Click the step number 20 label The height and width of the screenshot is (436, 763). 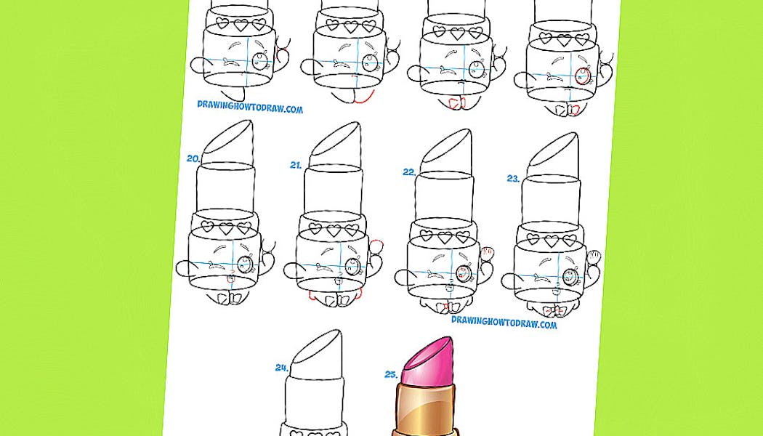(193, 158)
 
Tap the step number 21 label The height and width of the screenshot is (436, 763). (296, 166)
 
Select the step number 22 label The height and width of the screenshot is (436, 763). (409, 171)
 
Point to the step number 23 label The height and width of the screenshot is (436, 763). (513, 179)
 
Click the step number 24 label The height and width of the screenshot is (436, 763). (282, 368)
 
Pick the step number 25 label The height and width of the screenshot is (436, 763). (392, 374)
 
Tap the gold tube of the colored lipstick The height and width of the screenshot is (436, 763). (424, 410)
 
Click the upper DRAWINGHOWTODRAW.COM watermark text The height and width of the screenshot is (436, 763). (250, 107)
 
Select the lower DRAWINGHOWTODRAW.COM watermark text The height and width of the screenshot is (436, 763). (504, 322)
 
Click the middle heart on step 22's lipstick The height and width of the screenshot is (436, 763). (444, 237)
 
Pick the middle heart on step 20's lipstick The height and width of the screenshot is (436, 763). (226, 228)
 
